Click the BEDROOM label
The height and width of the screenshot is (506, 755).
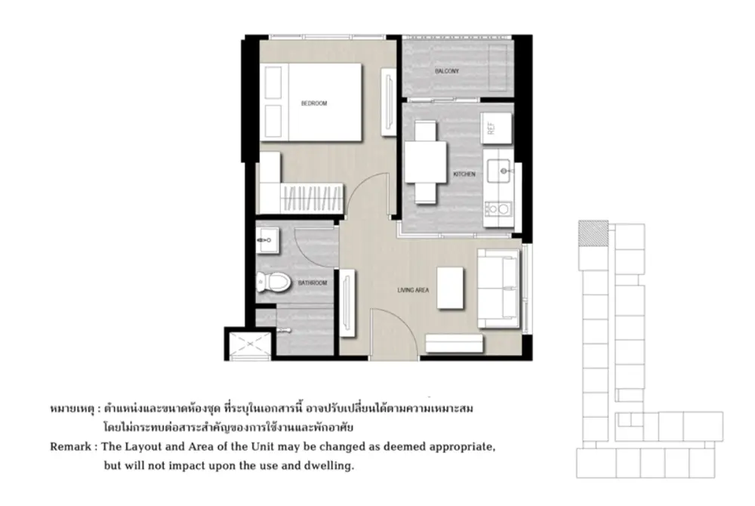click(314, 103)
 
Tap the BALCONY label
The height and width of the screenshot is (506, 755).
click(447, 71)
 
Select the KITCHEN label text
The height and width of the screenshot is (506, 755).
click(464, 174)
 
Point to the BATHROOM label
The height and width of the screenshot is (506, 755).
click(313, 282)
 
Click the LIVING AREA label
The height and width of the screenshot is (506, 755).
click(413, 290)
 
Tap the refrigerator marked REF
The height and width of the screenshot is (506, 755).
click(496, 128)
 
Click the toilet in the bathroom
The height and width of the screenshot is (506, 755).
click(273, 282)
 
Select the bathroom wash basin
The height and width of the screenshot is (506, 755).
click(267, 239)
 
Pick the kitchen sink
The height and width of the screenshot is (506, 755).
click(498, 171)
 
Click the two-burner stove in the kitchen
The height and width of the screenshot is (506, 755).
click(498, 209)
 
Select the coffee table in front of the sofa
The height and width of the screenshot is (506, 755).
click(450, 288)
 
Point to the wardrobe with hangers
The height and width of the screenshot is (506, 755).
click(311, 198)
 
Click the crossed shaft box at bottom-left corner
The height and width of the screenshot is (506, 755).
click(249, 344)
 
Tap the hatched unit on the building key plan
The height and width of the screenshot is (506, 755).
click(593, 233)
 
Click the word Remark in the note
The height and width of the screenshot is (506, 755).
click(70, 447)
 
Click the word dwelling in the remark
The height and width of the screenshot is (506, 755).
click(329, 466)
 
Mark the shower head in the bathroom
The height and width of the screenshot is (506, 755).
click(284, 330)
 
